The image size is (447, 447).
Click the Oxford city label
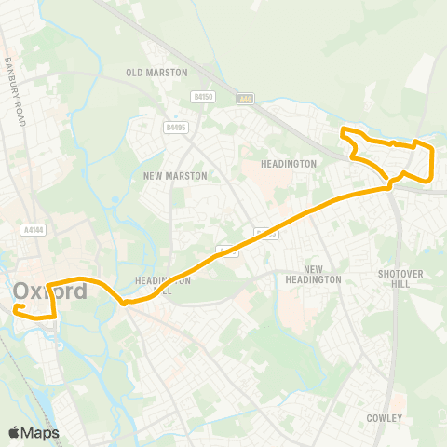50,291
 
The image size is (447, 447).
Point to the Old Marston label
157,73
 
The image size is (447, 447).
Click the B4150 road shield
204,96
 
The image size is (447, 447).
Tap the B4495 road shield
174,128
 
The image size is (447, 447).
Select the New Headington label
314,274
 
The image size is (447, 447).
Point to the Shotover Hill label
394,278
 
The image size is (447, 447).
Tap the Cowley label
384,418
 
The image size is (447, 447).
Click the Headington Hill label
162,284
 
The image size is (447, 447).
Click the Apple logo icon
14,432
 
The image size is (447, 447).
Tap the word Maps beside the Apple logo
40,432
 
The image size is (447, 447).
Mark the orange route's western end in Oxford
17,306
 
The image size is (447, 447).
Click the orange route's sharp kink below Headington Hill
124,302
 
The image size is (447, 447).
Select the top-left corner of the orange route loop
343,129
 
